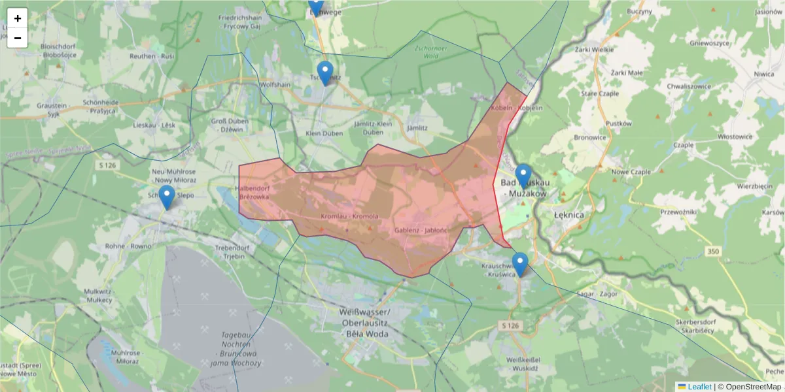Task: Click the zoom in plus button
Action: point(18,18)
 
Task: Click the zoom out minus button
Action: point(18,38)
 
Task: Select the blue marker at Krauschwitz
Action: point(520,265)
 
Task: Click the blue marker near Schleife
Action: point(167,197)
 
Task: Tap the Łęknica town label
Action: point(568,214)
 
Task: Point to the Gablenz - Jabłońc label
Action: point(421,231)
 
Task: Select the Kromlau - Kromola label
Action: point(350,216)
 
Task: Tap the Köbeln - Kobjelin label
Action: point(508,107)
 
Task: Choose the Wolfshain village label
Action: point(275,85)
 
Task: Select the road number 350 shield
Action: point(714,251)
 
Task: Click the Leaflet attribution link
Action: point(699,387)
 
